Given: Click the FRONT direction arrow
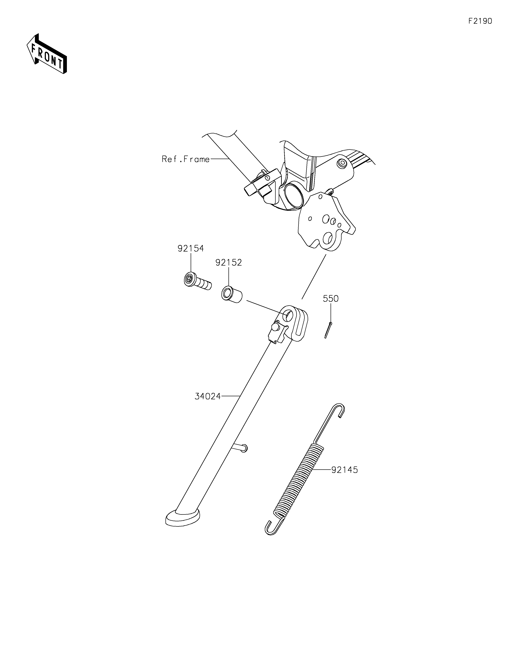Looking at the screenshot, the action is click(47, 54).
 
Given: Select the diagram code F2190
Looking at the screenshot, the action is click(480, 21).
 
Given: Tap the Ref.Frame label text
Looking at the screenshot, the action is click(186, 159).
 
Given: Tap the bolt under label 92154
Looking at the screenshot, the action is click(197, 281).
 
